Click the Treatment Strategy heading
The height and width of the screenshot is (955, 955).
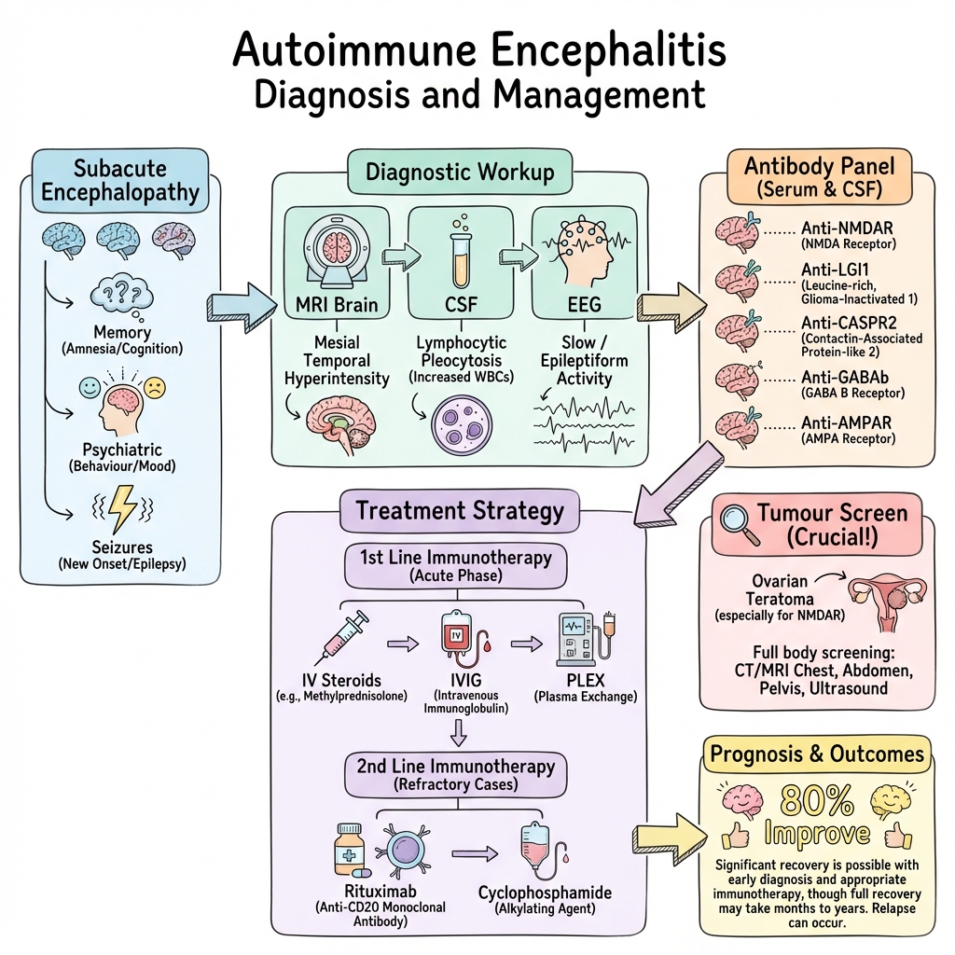coord(460,510)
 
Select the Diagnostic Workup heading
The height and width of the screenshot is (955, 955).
coord(460,173)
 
